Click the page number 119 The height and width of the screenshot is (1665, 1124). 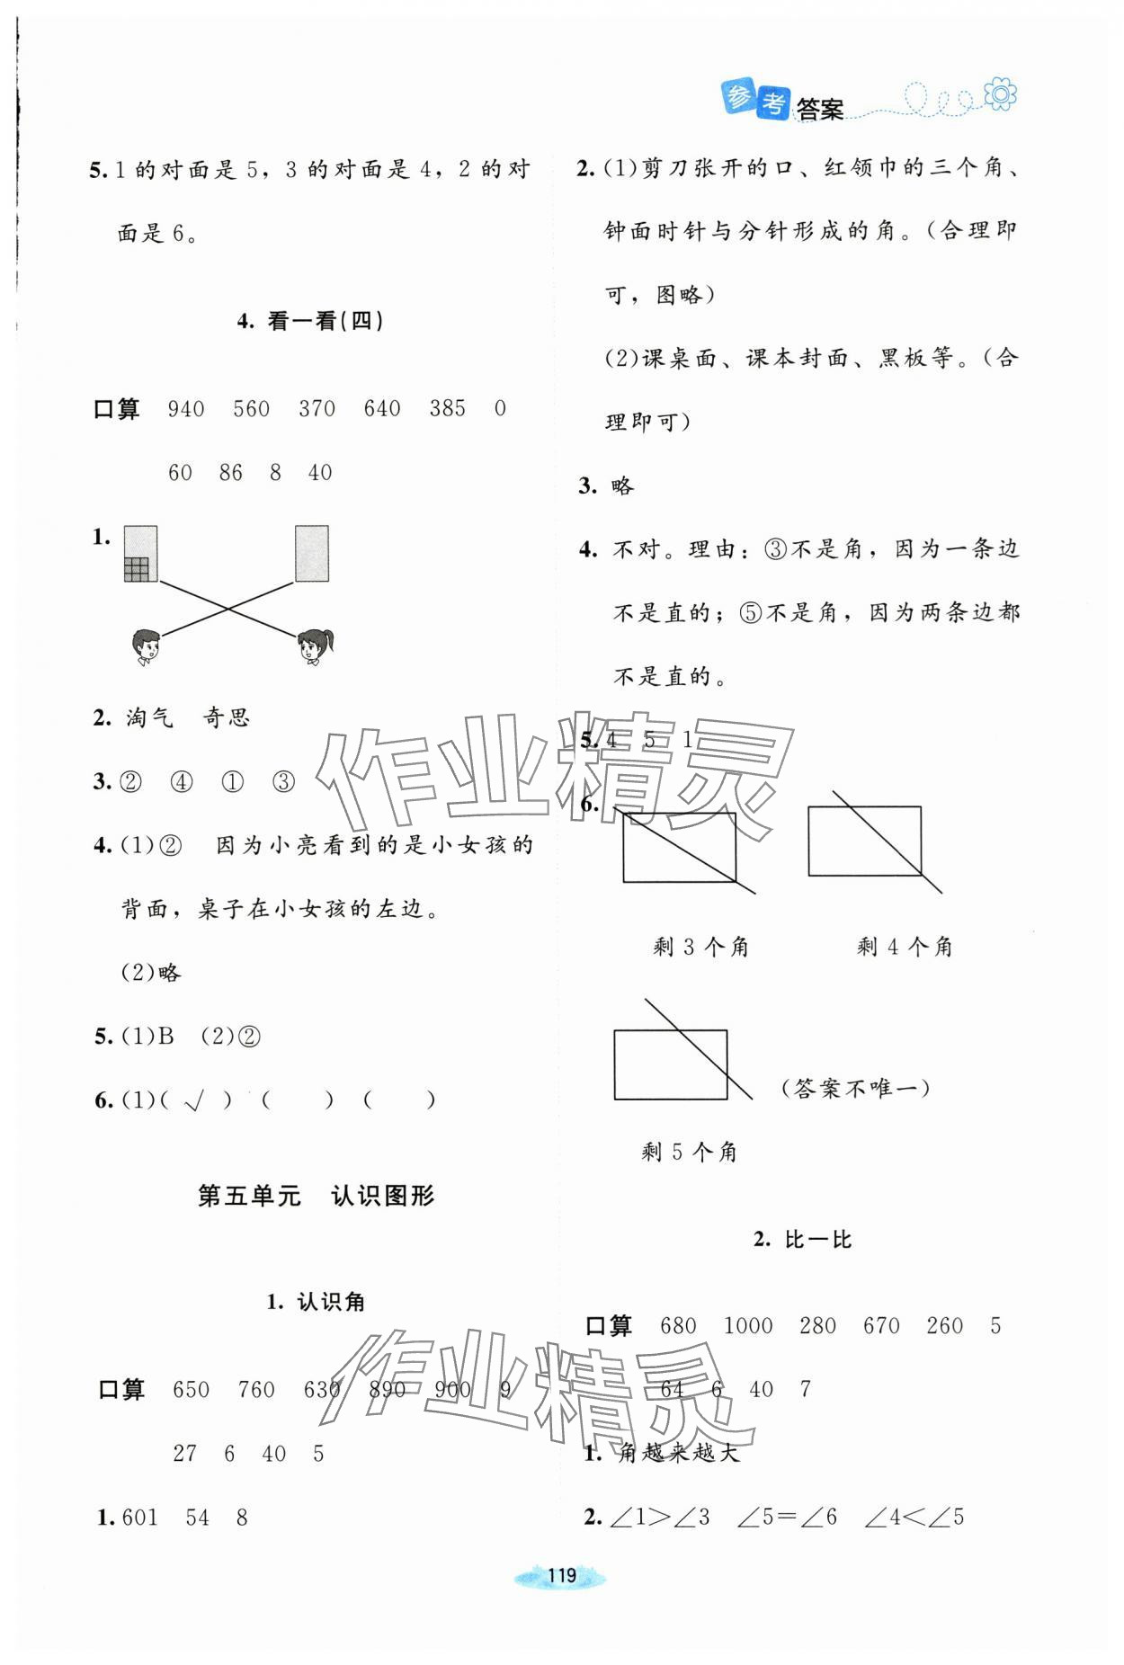coord(561,1575)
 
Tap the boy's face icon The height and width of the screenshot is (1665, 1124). coord(145,646)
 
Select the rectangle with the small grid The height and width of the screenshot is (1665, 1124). coord(140,554)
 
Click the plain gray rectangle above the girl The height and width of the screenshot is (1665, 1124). coord(311,554)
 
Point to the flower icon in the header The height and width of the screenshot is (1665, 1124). coord(1000,93)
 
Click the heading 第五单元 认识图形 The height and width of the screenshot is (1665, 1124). coord(316,1196)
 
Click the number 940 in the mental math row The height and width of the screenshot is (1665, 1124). coord(186,409)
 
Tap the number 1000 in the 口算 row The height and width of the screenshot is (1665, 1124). coord(747,1326)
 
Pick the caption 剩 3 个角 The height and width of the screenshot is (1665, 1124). coord(700,947)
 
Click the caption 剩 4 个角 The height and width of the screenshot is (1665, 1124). coord(904,947)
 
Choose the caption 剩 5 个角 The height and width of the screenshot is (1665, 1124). coord(689,1152)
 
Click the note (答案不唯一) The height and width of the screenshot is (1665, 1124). coord(854,1089)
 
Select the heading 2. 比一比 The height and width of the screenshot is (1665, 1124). coord(802,1240)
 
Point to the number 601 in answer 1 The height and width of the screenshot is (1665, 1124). coord(140,1518)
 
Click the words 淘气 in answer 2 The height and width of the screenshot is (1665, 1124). coord(149,717)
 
